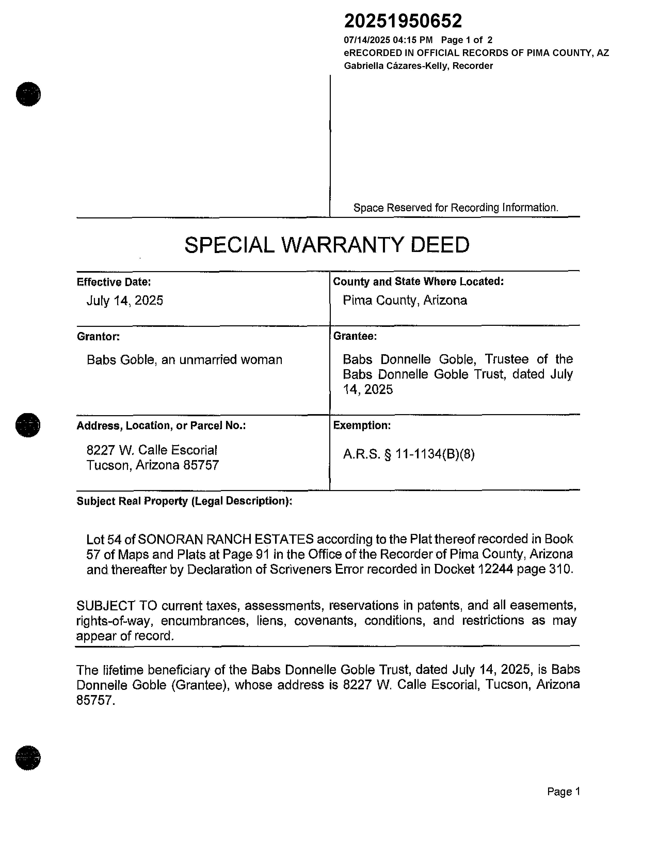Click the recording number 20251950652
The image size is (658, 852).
click(x=403, y=21)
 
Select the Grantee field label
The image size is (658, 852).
click(x=355, y=336)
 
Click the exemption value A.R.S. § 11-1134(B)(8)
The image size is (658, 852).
click(x=408, y=454)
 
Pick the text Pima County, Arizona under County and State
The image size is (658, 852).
click(x=405, y=300)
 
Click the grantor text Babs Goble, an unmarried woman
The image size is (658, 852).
click(x=184, y=360)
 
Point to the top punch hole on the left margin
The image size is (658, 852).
click(x=28, y=94)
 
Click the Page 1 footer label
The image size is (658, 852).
click(x=564, y=792)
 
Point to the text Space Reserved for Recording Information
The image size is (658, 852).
click(x=456, y=208)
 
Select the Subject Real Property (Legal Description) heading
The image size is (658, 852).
click(x=184, y=501)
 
